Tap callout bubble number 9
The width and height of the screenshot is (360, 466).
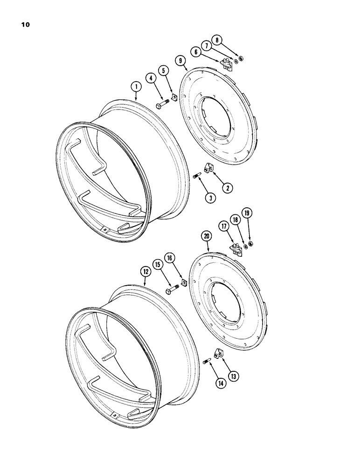click(x=180, y=60)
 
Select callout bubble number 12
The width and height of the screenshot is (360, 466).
click(x=145, y=270)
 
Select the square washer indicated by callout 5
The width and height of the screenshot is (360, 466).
click(x=173, y=97)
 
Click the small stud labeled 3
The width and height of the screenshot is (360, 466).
click(x=196, y=176)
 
